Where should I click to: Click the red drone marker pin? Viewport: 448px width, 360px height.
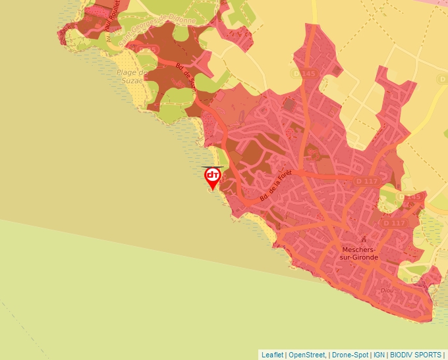point(212,177)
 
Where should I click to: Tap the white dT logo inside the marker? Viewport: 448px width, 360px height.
point(212,175)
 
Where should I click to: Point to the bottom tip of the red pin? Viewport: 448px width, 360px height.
point(212,190)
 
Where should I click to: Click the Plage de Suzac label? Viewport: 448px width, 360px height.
point(130,76)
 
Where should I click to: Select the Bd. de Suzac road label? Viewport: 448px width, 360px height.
point(186,76)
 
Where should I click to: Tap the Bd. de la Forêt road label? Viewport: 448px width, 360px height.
point(275,189)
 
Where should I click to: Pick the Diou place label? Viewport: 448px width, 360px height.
point(387,290)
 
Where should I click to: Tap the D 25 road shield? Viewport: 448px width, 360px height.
point(148,49)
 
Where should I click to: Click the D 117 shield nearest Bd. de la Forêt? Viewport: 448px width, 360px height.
point(368,180)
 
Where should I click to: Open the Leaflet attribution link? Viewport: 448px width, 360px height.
point(272,354)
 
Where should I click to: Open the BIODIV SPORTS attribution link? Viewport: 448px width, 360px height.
point(415,354)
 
